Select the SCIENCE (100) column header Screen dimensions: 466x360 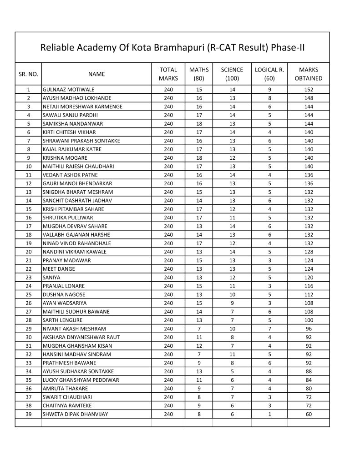click(x=232, y=74)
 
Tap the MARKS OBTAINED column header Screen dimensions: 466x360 click(x=309, y=74)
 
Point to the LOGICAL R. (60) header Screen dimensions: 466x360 click(x=269, y=74)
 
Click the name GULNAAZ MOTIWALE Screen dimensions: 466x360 click(x=68, y=90)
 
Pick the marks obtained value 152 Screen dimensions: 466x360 click(x=309, y=90)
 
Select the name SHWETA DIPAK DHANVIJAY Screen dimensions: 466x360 click(x=75, y=414)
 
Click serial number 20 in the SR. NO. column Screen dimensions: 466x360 click(x=29, y=252)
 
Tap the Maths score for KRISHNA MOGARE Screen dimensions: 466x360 click(x=199, y=158)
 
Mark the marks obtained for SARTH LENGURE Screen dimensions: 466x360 click(x=309, y=320)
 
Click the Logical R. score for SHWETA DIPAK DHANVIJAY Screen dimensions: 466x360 click(x=269, y=414)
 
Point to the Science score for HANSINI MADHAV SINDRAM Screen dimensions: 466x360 click(x=232, y=355)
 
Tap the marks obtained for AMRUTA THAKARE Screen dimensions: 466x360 click(x=309, y=389)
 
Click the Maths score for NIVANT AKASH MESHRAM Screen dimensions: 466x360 click(x=199, y=329)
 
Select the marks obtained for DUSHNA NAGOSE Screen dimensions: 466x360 click(x=309, y=294)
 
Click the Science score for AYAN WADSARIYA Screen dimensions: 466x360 click(x=232, y=303)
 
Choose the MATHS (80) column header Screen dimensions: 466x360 click(x=199, y=74)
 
